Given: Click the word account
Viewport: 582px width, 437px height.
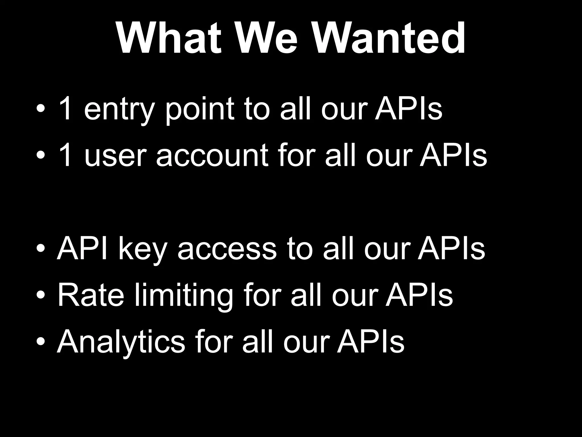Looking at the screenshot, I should (212, 156).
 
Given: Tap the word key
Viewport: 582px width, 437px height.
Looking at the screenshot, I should (142, 249).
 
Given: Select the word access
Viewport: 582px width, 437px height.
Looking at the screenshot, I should (227, 249).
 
